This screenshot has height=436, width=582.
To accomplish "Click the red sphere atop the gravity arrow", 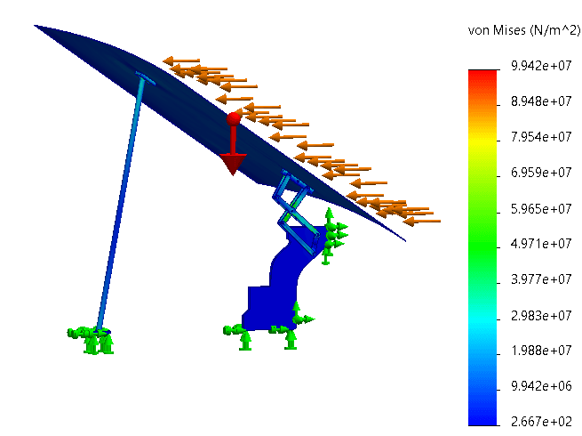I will tap(234, 118).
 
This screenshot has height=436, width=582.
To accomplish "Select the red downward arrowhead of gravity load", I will tap(233, 164).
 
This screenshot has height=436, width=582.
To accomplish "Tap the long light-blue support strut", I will tap(123, 205).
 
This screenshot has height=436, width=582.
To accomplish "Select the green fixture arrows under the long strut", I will tap(91, 337).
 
